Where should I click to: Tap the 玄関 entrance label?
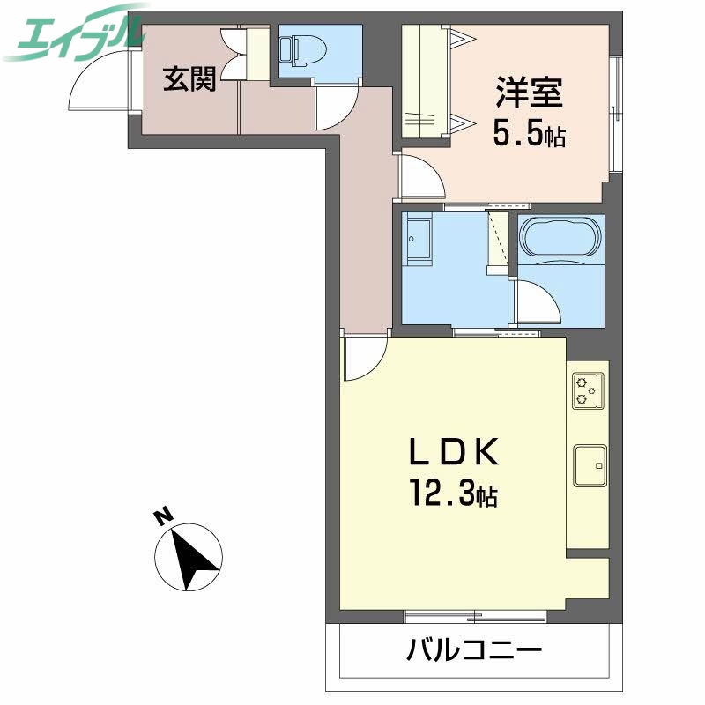tap(189, 80)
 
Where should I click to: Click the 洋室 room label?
tap(529, 93)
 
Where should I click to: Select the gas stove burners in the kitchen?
tap(588, 390)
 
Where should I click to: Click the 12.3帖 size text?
tap(452, 493)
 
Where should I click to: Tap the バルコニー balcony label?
tap(473, 652)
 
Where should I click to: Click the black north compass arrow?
tap(192, 555)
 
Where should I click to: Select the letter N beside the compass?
tap(162, 517)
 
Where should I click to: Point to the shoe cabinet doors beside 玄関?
tap(235, 54)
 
